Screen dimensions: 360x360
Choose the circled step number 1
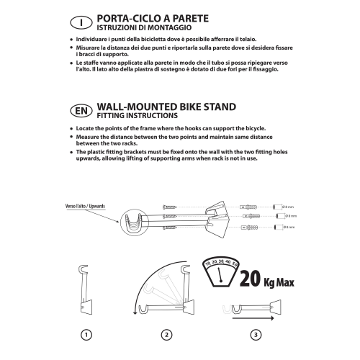[x=86, y=334]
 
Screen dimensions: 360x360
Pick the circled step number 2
[x=168, y=334]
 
